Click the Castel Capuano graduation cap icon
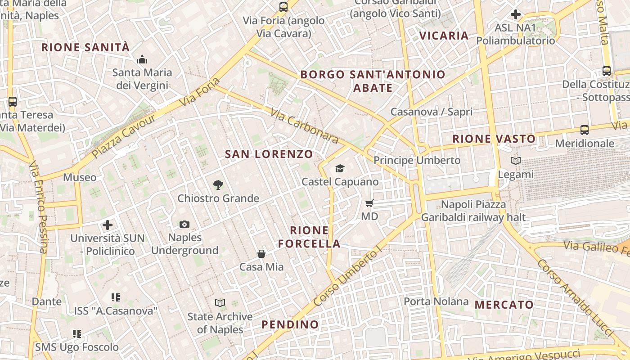340,168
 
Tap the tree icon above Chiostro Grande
218,184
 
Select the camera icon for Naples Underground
184,224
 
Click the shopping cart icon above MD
369,203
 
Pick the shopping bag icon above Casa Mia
261,254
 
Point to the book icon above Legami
516,161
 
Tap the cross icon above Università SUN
108,225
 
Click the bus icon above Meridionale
584,130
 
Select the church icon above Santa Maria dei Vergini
142,59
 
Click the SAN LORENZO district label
269,154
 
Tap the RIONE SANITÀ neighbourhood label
85,47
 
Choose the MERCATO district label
504,305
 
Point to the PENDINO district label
290,324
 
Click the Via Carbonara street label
304,126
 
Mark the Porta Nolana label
436,301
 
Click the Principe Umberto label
417,160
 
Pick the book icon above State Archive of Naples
220,303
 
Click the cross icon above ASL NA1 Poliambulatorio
516,14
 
